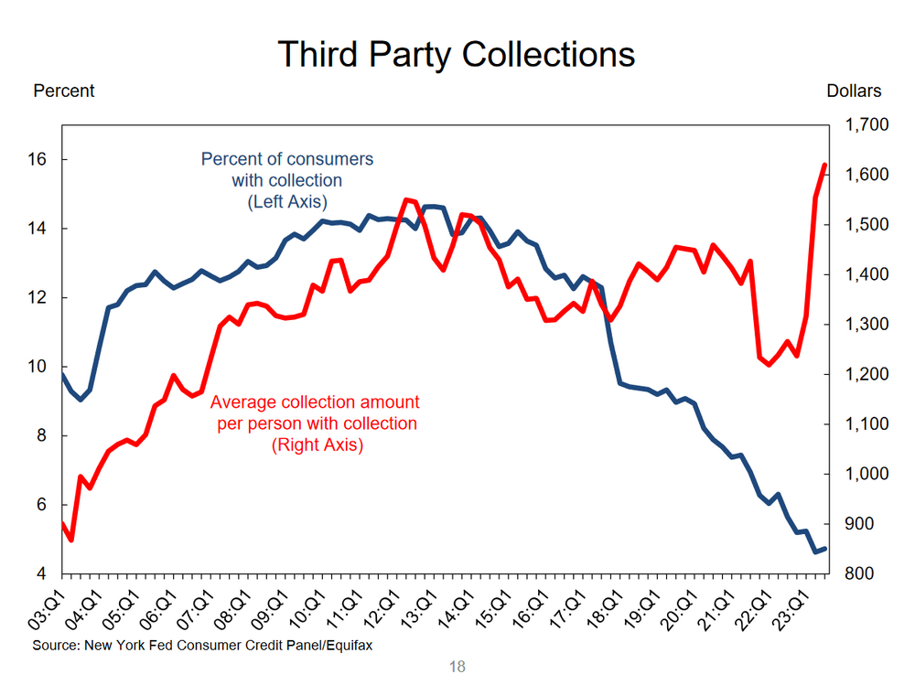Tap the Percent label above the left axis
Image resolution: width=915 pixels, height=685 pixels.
[63, 91]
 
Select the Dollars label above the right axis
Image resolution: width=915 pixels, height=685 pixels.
[854, 91]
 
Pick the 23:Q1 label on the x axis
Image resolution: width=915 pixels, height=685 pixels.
[793, 607]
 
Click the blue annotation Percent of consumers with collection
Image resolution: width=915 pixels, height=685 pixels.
[287, 180]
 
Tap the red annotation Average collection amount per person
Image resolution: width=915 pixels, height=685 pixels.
[316, 423]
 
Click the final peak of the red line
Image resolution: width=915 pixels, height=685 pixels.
[824, 166]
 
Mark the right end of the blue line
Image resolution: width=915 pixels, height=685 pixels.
[825, 549]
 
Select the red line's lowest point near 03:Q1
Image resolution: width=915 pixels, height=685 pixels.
[70, 540]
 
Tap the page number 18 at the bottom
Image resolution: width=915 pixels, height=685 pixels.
[457, 666]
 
